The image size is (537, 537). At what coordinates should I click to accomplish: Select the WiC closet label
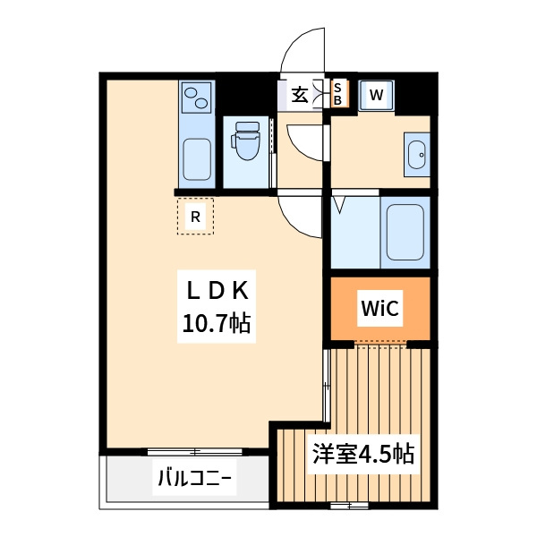pos(379,309)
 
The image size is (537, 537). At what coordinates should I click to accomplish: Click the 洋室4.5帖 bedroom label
pos(363,454)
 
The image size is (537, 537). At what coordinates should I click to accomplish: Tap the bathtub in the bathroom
pos(404,230)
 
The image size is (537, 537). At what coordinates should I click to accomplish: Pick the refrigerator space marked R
pos(195,216)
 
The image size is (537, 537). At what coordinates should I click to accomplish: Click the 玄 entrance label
pos(299,94)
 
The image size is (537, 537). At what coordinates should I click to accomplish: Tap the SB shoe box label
pos(337,94)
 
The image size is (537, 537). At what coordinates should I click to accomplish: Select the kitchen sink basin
pos(197,158)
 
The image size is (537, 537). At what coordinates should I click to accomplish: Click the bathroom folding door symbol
pos(341,205)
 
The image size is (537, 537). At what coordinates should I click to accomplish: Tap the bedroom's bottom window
pos(349,507)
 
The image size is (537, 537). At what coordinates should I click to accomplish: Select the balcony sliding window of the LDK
pos(187,450)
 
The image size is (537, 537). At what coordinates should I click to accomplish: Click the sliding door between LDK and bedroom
pos(326,381)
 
